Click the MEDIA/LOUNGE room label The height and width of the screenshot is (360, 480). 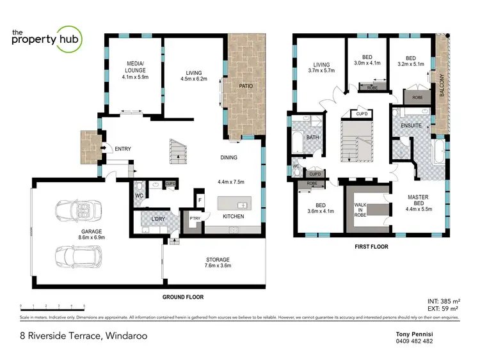(x=134, y=67)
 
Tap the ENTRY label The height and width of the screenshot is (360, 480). (x=122, y=149)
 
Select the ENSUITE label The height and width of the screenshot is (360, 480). (x=411, y=125)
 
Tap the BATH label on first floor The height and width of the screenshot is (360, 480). (x=313, y=137)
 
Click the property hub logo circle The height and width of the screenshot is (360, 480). (x=67, y=36)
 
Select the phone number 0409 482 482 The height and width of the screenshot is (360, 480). (x=415, y=341)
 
